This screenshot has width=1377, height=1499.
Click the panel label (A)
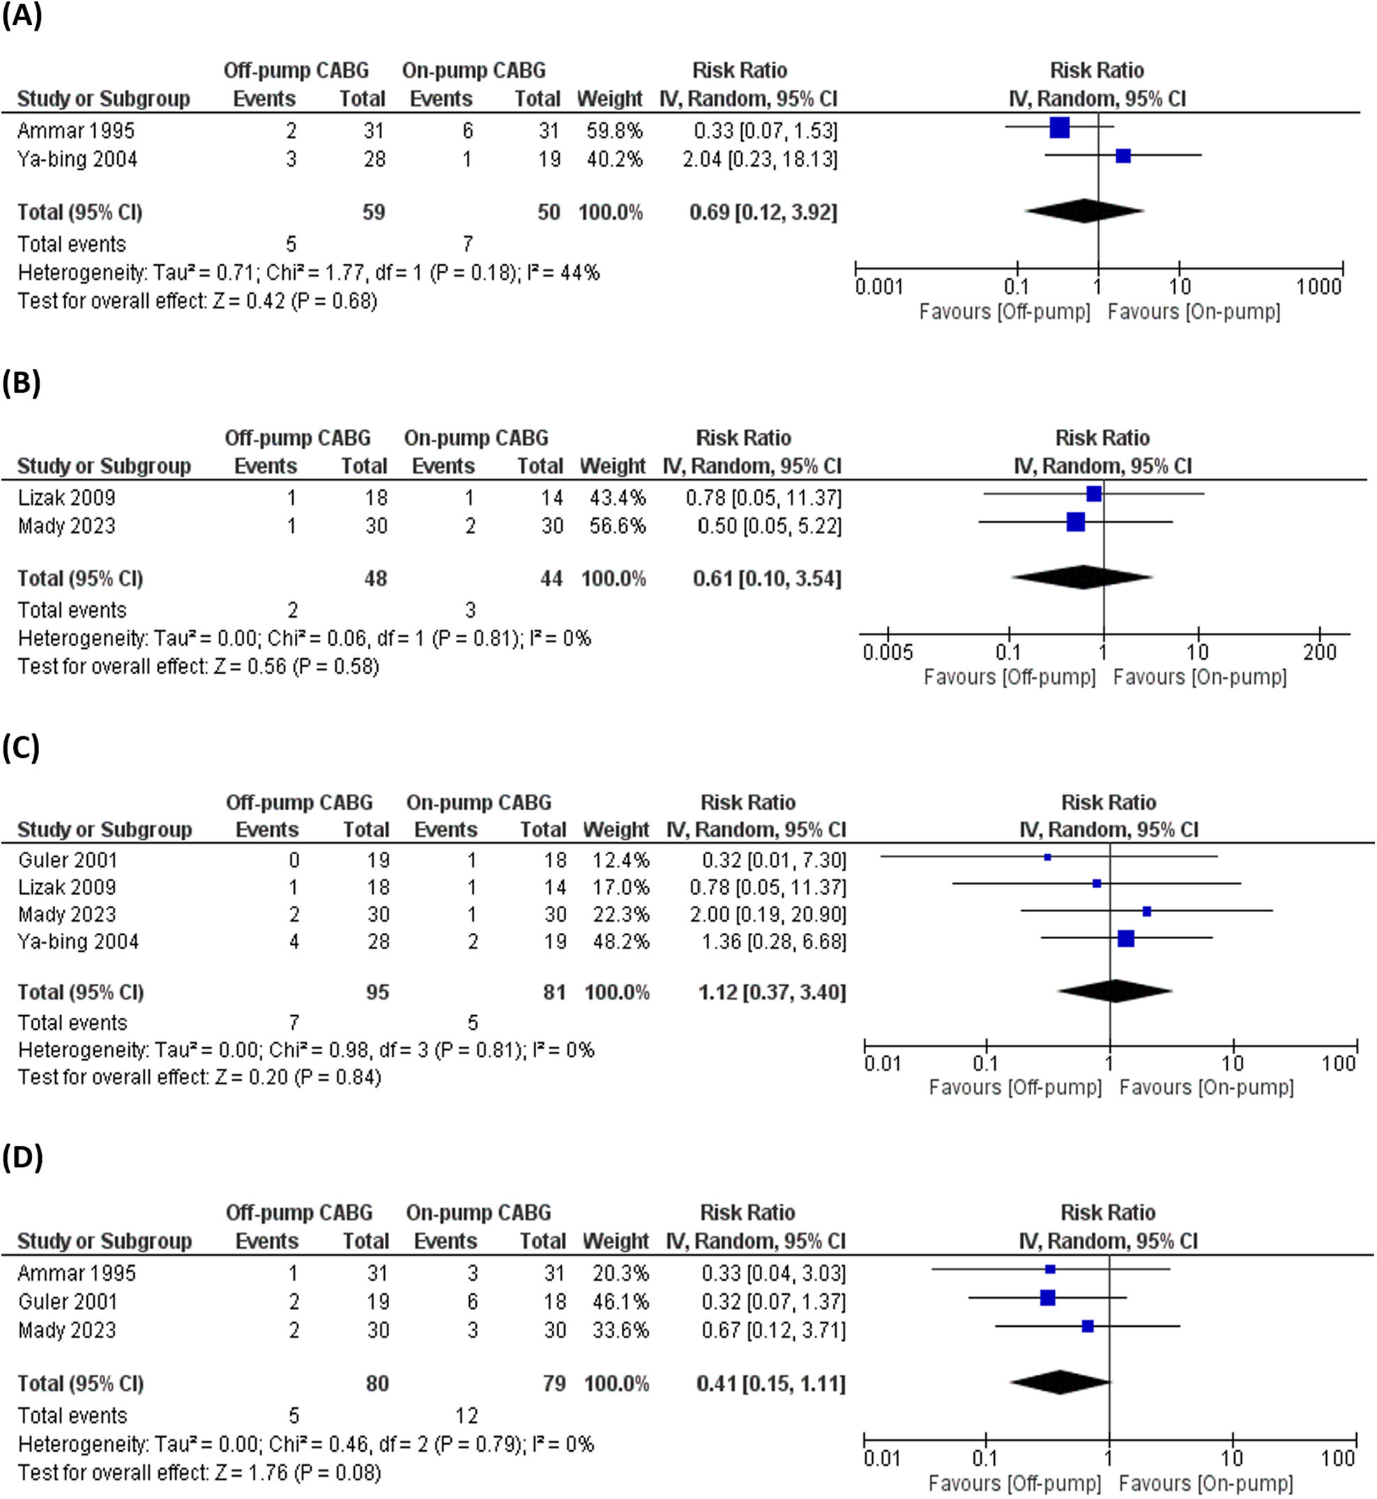click(22, 15)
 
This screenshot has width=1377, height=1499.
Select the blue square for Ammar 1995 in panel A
click(1059, 128)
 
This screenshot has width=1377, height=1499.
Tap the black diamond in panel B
click(1082, 577)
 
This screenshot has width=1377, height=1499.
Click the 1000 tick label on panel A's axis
click(1318, 286)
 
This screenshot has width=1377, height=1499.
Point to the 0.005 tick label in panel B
click(887, 653)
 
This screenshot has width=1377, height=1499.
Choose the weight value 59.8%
click(614, 131)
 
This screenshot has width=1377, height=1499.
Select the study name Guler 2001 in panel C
click(68, 860)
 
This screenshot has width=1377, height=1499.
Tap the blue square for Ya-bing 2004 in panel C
click(1126, 938)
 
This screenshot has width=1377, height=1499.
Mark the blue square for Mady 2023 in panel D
click(1088, 1326)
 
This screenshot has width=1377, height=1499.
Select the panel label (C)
click(21, 748)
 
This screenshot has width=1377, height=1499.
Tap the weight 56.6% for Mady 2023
click(617, 526)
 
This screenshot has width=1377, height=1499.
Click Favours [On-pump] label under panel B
click(1200, 677)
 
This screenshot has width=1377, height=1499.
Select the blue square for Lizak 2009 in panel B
click(1094, 494)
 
